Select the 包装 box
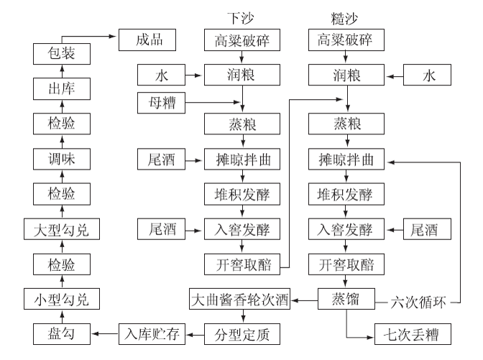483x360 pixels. tap(62, 53)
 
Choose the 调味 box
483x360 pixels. tap(62, 157)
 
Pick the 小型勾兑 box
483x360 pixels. tap(62, 298)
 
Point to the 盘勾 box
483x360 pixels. tap(62, 333)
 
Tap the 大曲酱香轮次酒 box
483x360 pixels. tap(239, 299)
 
